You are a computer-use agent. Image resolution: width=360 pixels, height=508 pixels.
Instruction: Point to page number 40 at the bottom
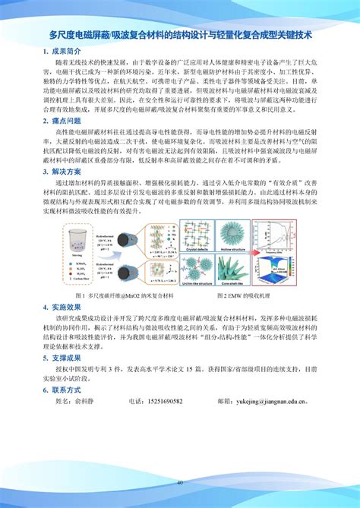[180, 483]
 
